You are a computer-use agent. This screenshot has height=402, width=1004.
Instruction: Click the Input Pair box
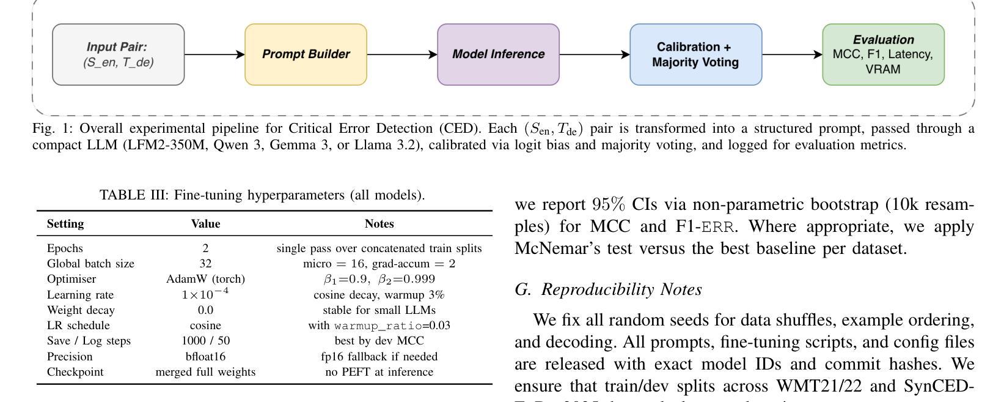pyautogui.click(x=118, y=54)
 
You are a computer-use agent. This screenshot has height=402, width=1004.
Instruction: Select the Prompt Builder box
pyautogui.click(x=306, y=54)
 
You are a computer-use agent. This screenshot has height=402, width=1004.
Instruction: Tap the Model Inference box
pyautogui.click(x=498, y=54)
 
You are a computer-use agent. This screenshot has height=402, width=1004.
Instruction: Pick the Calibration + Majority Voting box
pyautogui.click(x=695, y=54)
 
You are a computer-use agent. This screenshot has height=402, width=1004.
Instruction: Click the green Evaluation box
pyautogui.click(x=883, y=54)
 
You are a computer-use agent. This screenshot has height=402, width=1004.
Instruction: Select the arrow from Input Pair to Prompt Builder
pyautogui.click(x=214, y=54)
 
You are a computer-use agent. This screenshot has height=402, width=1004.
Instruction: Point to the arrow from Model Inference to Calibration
pyautogui.click(x=594, y=54)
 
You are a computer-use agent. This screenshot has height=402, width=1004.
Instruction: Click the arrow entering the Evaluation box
pyautogui.click(x=792, y=54)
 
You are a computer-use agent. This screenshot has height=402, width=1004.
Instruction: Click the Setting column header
pyautogui.click(x=65, y=224)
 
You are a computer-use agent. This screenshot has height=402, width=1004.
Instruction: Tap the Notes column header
pyautogui.click(x=379, y=224)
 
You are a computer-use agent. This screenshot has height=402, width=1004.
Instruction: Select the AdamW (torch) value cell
pyautogui.click(x=205, y=279)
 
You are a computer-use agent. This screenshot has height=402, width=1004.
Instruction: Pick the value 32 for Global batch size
pyautogui.click(x=205, y=264)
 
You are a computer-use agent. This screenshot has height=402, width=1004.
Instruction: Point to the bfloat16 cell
pyautogui.click(x=205, y=357)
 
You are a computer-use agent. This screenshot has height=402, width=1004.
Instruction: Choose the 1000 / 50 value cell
pyautogui.click(x=205, y=341)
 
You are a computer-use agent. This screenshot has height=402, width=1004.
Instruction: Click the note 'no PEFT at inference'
pyautogui.click(x=379, y=372)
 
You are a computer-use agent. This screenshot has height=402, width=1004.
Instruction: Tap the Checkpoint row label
pyautogui.click(x=75, y=372)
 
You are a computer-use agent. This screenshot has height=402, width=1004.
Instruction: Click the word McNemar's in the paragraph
pyautogui.click(x=553, y=248)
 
